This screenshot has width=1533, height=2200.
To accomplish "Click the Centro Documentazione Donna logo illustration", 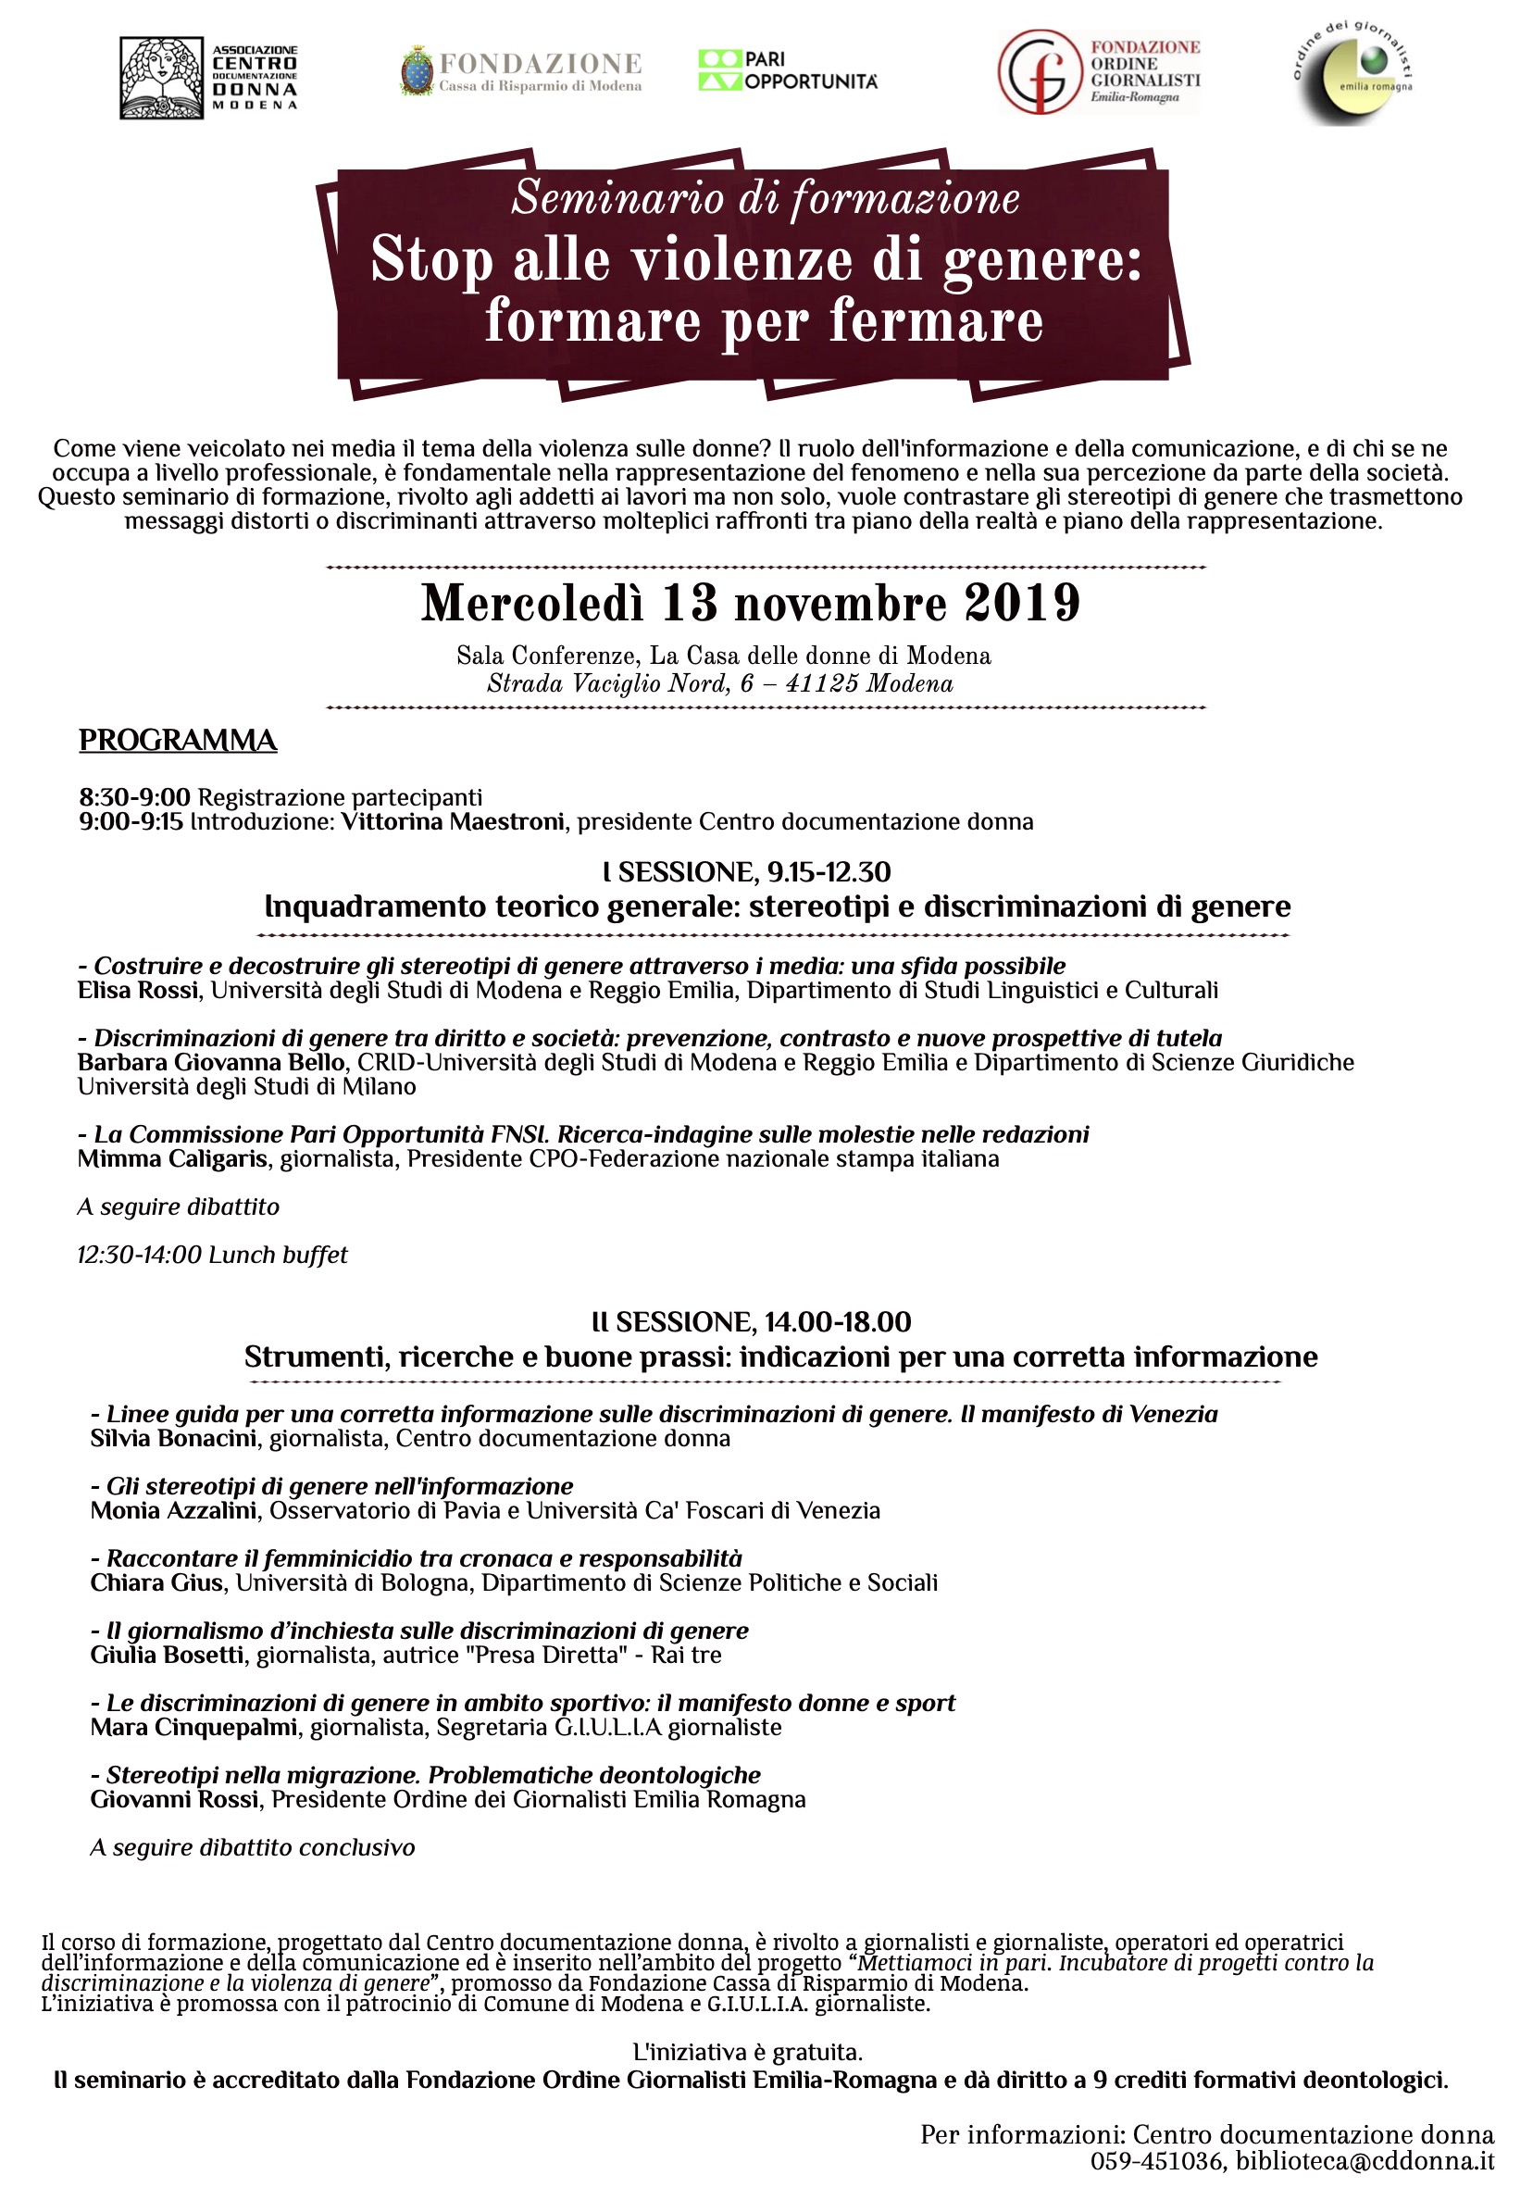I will [x=161, y=78].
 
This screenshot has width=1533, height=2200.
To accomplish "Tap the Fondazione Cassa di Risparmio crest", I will [x=416, y=71].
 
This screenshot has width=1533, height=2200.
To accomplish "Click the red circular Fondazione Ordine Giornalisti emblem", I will [x=1039, y=72].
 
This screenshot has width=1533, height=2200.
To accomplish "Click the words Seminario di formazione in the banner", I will [x=765, y=198].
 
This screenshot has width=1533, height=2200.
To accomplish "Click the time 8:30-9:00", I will [x=134, y=797].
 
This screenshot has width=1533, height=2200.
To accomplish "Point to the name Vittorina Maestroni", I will [x=453, y=822].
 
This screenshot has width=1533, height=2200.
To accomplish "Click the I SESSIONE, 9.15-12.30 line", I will [x=747, y=872].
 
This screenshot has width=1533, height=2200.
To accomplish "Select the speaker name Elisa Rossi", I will [x=138, y=991].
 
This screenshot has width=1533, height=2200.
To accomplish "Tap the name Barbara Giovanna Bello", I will [x=211, y=1063].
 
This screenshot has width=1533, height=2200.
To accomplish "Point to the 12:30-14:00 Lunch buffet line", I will [x=213, y=1256].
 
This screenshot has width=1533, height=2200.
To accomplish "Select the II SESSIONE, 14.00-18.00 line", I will [x=751, y=1323].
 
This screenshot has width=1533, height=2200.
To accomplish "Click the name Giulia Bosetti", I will [x=167, y=1656].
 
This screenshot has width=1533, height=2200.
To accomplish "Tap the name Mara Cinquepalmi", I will [x=193, y=1728].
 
